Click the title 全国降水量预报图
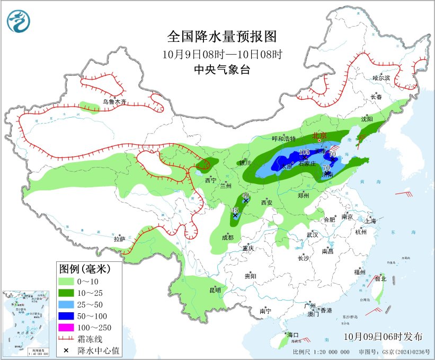coord(222,37)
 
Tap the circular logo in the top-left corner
coord(19,21)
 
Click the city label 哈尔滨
coord(380,78)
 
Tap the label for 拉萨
coord(120,239)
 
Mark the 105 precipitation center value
coord(304,153)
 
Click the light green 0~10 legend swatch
coord(66,281)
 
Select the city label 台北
coord(380,278)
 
